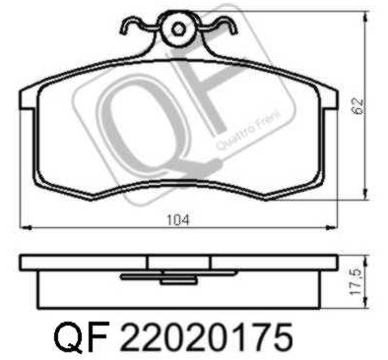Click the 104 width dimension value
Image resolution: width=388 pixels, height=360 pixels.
pyautogui.click(x=178, y=219)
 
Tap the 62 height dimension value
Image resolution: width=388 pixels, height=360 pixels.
pyautogui.click(x=357, y=106)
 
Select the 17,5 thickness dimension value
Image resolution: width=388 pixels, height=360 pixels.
pyautogui.click(x=356, y=282)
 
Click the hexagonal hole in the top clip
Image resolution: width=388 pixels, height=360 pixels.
pyautogui.click(x=178, y=30)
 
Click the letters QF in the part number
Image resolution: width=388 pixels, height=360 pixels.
pyautogui.click(x=81, y=336)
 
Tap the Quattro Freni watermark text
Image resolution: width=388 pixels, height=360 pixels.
pyautogui.click(x=249, y=131)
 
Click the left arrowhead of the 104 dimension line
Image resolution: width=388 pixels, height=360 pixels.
pyautogui.click(x=26, y=227)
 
